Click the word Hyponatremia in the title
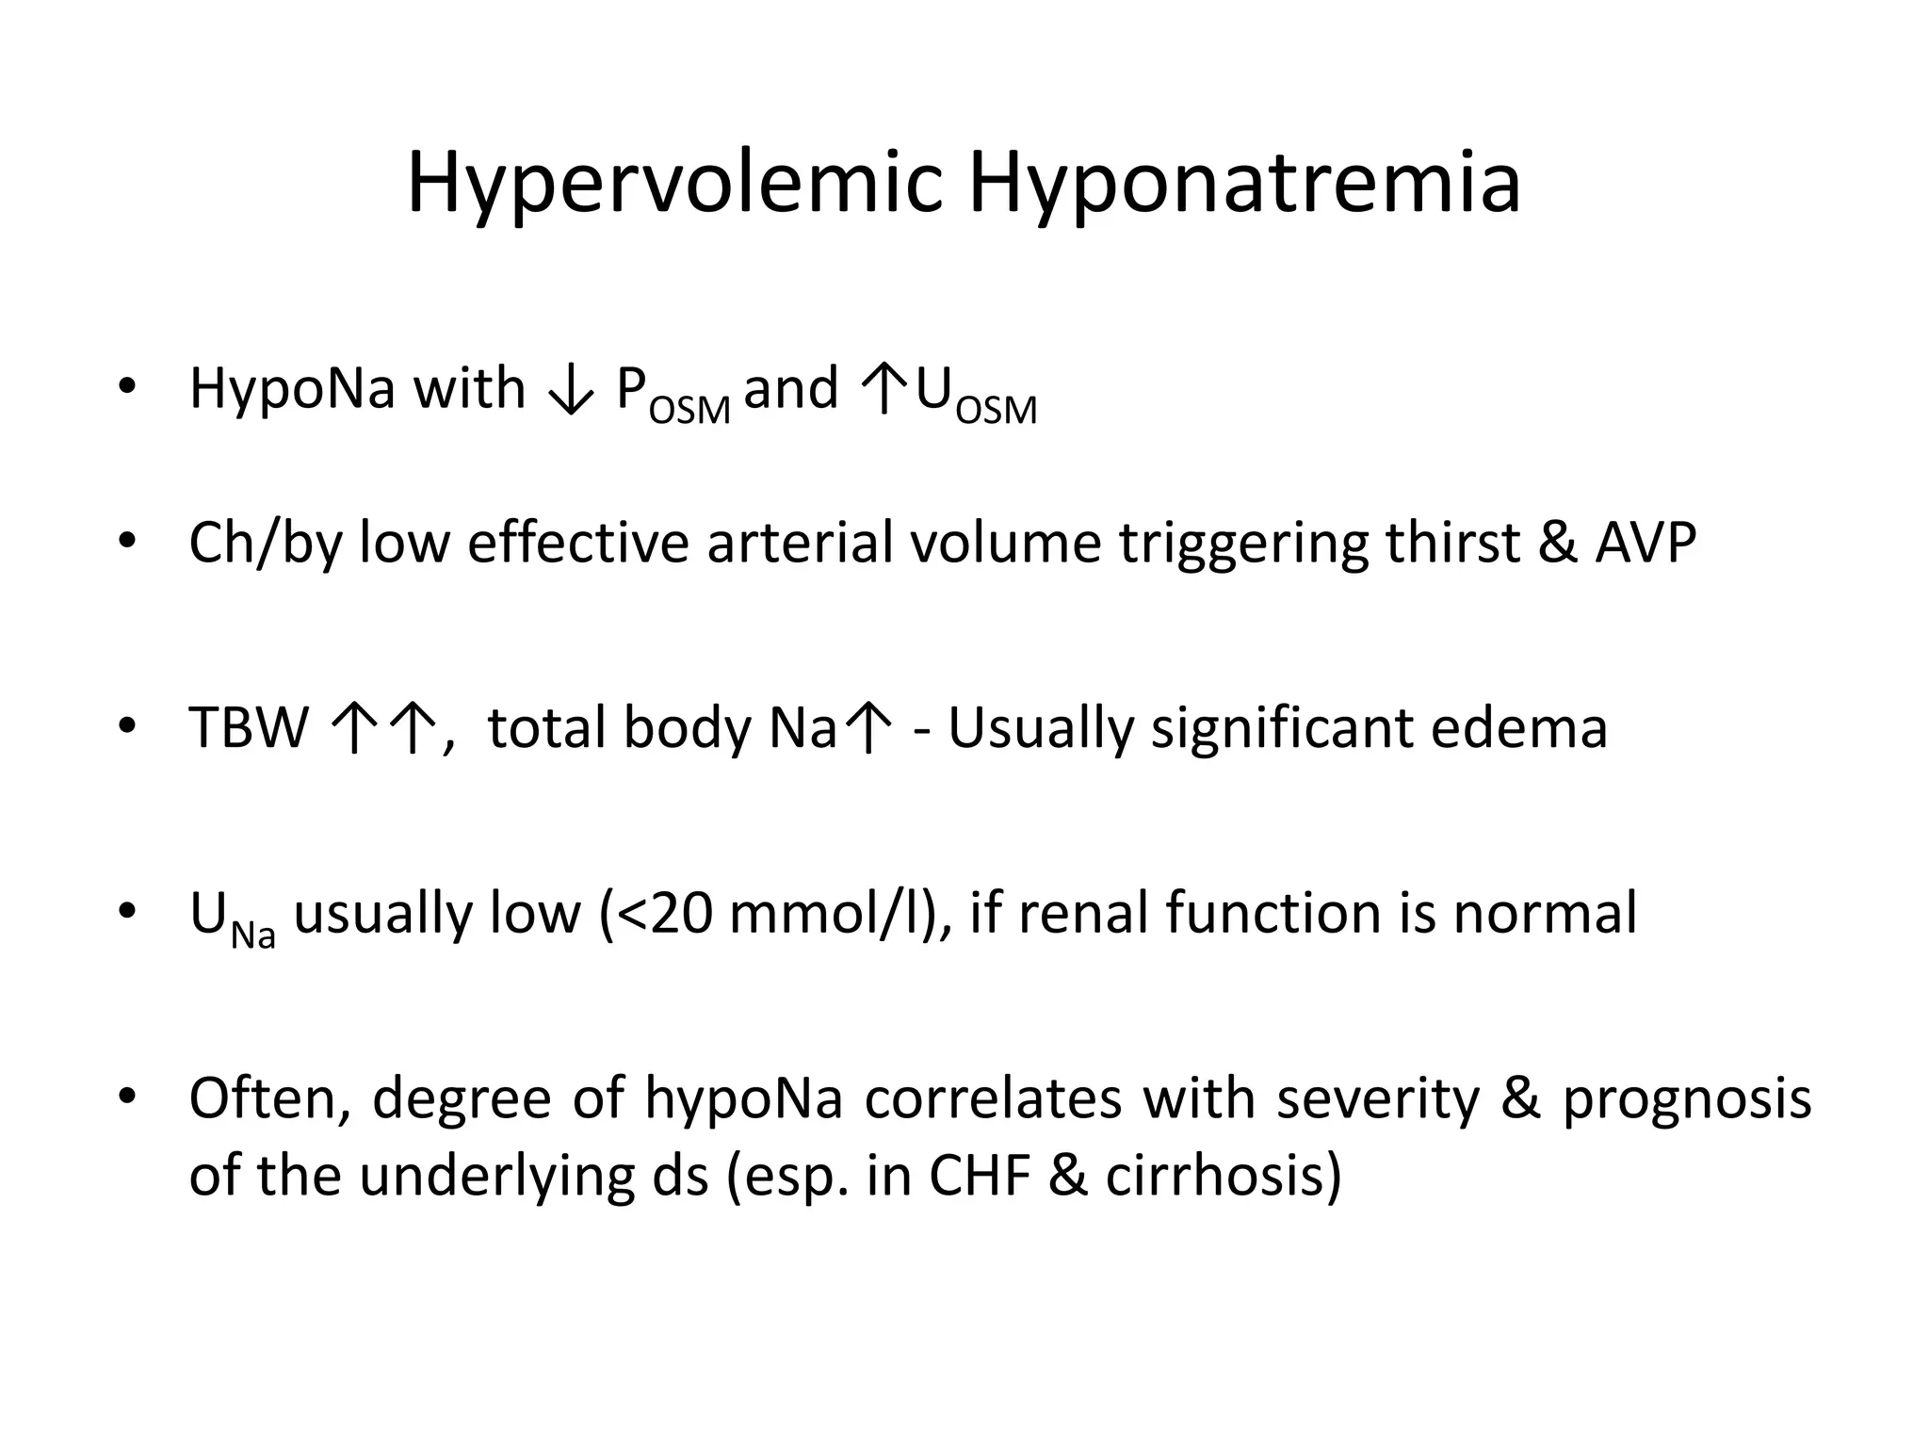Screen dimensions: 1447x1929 point(1244,186)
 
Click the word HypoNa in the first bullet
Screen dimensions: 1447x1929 point(292,389)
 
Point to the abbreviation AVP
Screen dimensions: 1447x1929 point(1645,544)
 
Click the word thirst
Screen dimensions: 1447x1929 point(1451,544)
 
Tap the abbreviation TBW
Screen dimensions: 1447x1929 point(249,728)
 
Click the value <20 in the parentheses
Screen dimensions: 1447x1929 point(664,914)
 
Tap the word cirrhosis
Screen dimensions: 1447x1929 point(1223,1176)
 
